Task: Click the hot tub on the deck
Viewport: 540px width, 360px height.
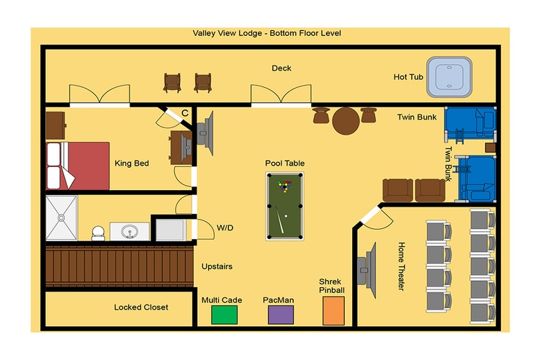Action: pyautogui.click(x=449, y=77)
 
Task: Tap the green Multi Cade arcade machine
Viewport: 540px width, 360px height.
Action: pyautogui.click(x=224, y=315)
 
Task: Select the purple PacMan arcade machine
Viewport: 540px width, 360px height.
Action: pyautogui.click(x=281, y=315)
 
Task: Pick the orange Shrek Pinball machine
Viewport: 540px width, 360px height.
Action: pyautogui.click(x=333, y=311)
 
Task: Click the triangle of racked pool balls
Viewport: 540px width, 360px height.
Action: pyautogui.click(x=284, y=186)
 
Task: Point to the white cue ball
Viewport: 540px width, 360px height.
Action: pyautogui.click(x=286, y=216)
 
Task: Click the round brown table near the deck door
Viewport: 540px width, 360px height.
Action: pyautogui.click(x=346, y=121)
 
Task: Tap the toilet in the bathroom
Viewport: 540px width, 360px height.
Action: pyautogui.click(x=98, y=233)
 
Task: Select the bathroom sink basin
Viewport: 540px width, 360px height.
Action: pyautogui.click(x=130, y=231)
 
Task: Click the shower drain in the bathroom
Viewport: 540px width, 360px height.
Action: pyautogui.click(x=61, y=217)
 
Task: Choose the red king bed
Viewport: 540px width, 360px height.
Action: pyautogui.click(x=78, y=166)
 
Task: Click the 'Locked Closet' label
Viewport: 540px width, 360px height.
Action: pyautogui.click(x=141, y=307)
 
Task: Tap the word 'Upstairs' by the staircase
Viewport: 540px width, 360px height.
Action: pyautogui.click(x=217, y=266)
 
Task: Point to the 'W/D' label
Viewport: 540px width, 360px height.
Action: pyautogui.click(x=225, y=228)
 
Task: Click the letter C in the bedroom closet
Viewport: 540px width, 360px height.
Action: pyautogui.click(x=185, y=113)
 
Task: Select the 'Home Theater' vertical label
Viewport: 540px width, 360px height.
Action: pyautogui.click(x=402, y=266)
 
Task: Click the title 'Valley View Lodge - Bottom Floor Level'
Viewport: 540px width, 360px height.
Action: pyautogui.click(x=267, y=33)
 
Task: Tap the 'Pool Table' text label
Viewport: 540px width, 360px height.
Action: pyautogui.click(x=285, y=163)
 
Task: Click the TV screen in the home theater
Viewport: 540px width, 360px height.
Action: pyautogui.click(x=372, y=271)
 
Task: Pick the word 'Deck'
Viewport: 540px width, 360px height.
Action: pyautogui.click(x=282, y=68)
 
